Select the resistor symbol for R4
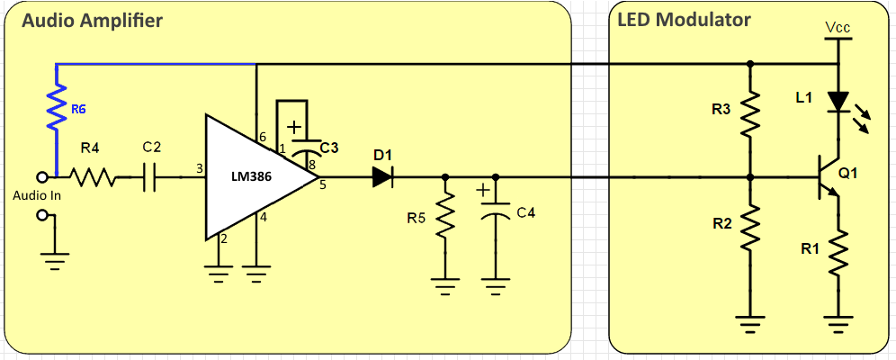pos(94,177)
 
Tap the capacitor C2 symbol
pos(150,177)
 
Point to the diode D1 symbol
pos(382,177)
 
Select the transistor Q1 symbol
pos(829,177)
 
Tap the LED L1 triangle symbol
pos(838,103)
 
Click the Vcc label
pos(838,27)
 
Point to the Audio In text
pos(37,195)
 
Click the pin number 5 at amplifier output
pos(322,184)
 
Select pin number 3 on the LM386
pos(199,168)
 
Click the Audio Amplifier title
pos(92,21)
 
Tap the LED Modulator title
pos(684,20)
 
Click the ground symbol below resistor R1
pos(838,323)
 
